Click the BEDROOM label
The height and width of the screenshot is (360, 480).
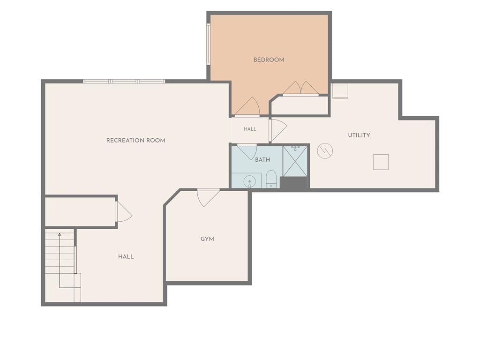point(269,60)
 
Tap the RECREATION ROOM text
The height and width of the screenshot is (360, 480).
point(135,141)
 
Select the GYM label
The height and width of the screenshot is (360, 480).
point(207,239)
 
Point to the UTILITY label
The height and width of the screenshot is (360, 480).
point(359,135)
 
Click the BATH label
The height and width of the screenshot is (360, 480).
point(262,160)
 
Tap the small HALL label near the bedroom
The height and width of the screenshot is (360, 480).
point(250,129)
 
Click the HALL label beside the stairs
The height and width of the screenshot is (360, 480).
point(126,256)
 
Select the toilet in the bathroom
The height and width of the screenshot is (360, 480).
point(271,180)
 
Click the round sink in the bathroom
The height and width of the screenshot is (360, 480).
point(249,181)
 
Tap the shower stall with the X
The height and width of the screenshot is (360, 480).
point(295,161)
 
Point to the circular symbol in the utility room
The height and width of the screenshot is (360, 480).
point(325,150)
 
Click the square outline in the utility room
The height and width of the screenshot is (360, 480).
point(381,162)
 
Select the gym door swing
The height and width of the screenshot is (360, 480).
point(208,197)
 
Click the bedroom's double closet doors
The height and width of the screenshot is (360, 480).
point(300,88)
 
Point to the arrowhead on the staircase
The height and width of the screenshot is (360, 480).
point(60,234)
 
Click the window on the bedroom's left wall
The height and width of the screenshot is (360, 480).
point(208,45)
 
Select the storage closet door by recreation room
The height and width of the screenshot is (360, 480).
point(124,211)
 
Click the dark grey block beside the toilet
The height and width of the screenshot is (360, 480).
point(293,183)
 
